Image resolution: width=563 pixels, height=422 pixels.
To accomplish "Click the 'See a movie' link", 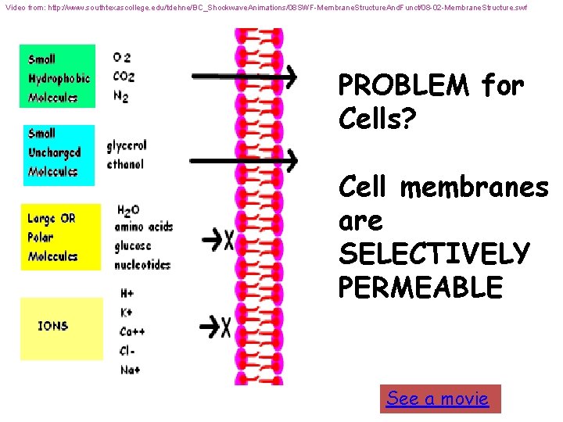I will pyautogui.click(x=437, y=399).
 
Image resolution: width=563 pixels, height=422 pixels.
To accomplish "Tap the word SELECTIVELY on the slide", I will pyautogui.click(x=434, y=254).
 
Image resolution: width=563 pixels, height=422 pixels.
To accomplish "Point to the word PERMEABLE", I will pyautogui.click(x=420, y=287).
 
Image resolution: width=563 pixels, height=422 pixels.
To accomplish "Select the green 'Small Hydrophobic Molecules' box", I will pyautogui.click(x=58, y=76).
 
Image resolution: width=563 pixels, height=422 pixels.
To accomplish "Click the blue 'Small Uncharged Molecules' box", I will pyautogui.click(x=58, y=155).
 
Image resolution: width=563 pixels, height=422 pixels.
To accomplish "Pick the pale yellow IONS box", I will pyautogui.click(x=60, y=328).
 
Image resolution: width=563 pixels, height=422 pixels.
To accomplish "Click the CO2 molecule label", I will pyautogui.click(x=124, y=77).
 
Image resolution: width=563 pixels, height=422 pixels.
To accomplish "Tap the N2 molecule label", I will pyautogui.click(x=121, y=96).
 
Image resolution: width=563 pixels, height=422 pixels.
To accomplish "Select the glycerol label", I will pyautogui.click(x=127, y=145).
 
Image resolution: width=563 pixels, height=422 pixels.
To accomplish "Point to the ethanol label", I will pyautogui.click(x=125, y=164).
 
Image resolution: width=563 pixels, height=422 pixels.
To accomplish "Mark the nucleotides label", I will pyautogui.click(x=142, y=264).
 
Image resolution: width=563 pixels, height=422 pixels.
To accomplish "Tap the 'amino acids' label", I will pyautogui.click(x=143, y=227).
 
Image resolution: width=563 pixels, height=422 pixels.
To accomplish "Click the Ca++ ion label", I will pyautogui.click(x=132, y=332).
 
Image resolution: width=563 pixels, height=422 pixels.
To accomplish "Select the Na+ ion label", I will pyautogui.click(x=130, y=370).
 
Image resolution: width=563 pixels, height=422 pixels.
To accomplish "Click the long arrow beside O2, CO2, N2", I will pyautogui.click(x=243, y=76).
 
